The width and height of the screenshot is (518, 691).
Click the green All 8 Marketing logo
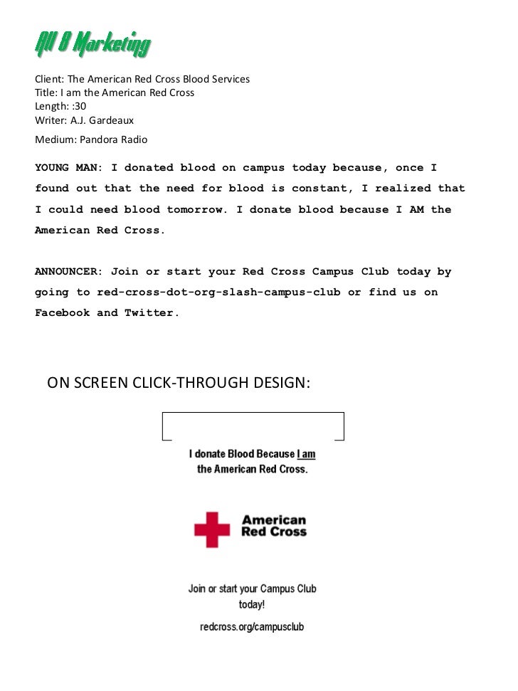tap(92, 45)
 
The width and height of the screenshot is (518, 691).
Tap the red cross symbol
tap(212, 529)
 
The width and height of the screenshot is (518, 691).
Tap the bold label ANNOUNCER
tap(68, 272)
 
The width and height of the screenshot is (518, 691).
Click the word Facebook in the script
tap(63, 313)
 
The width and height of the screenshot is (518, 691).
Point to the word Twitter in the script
tap(151, 313)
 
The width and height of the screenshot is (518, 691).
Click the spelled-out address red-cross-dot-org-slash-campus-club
tap(218, 292)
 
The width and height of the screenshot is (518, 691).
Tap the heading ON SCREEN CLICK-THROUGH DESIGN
tap(179, 383)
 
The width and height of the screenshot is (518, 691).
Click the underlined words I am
tap(306, 454)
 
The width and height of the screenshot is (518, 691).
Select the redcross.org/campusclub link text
tap(252, 627)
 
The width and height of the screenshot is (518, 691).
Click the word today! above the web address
tap(252, 605)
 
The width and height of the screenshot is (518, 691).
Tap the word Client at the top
tap(49, 78)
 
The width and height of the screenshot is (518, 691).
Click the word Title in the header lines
tap(46, 93)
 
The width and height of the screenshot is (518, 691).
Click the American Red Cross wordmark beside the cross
tap(274, 526)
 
